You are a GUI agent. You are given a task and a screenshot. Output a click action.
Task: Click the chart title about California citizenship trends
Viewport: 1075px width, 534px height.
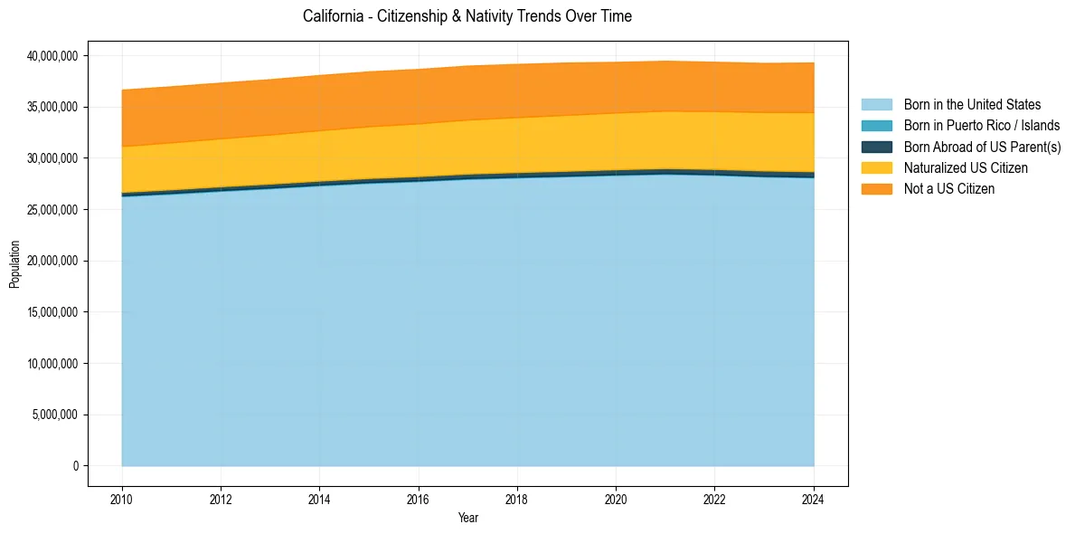pos(467,16)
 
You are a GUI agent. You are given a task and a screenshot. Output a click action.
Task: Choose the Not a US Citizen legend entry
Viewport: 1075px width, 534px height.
pos(949,188)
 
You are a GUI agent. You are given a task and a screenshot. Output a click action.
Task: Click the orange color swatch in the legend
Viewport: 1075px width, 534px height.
pos(876,188)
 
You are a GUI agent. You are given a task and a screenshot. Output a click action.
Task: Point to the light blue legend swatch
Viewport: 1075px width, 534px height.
pos(876,105)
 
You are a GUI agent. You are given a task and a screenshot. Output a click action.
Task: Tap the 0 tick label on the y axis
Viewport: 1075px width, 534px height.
pos(76,466)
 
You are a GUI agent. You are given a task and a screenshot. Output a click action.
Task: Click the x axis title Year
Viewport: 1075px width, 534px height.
pos(467,519)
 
